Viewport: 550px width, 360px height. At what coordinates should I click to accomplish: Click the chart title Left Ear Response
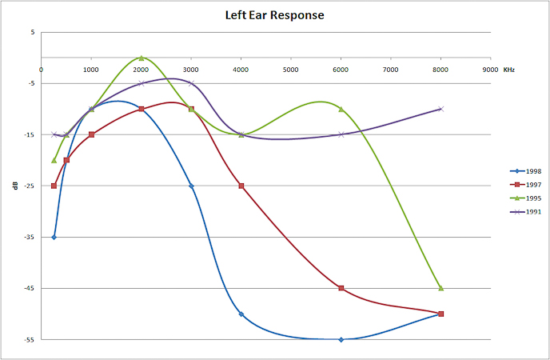[x=274, y=15]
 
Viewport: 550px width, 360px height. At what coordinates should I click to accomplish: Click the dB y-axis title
[x=14, y=186]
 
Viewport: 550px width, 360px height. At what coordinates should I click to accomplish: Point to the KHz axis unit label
[x=508, y=70]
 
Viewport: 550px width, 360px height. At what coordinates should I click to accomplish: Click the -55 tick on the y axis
[x=30, y=340]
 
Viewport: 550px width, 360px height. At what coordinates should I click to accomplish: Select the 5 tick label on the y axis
[x=32, y=33]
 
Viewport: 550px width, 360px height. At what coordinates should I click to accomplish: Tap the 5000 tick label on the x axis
[x=291, y=70]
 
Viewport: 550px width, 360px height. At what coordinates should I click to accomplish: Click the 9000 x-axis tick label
[x=490, y=70]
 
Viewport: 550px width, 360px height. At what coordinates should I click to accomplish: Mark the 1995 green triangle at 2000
[x=141, y=58]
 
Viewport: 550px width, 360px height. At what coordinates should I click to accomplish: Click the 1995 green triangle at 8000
[x=440, y=288]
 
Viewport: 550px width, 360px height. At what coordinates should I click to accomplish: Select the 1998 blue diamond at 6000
[x=341, y=339]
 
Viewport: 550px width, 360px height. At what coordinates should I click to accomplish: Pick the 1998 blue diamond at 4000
[x=241, y=314]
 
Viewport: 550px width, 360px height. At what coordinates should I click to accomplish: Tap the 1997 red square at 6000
[x=341, y=288]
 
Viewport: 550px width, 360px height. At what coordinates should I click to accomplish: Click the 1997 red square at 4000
[x=241, y=186]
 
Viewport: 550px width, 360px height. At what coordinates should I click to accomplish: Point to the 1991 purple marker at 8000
[x=440, y=109]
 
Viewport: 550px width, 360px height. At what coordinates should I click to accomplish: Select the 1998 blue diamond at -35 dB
[x=54, y=237]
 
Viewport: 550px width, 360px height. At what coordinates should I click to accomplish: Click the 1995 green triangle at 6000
[x=341, y=109]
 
